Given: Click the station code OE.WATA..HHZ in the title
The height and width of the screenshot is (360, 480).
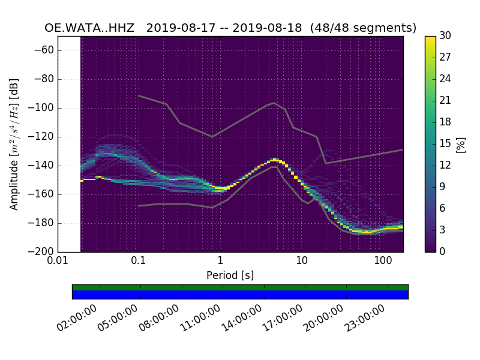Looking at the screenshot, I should (x=91, y=28).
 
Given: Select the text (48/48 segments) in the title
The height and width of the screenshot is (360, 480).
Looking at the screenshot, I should (x=363, y=28).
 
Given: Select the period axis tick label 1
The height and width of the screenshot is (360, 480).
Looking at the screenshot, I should (x=220, y=262).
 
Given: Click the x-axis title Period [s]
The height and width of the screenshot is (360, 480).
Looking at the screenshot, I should (x=230, y=275).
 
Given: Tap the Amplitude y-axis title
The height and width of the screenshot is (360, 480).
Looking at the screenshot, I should (x=14, y=144).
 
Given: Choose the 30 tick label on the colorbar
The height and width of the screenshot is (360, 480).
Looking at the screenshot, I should (x=445, y=36).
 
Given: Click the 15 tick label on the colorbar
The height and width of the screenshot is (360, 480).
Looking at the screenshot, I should (x=445, y=144).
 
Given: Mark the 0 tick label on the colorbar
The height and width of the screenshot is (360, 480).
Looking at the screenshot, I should (x=443, y=251).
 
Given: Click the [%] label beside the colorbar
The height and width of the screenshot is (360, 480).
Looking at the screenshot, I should (x=461, y=144).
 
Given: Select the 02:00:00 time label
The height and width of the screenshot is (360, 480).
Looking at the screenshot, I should (x=77, y=319).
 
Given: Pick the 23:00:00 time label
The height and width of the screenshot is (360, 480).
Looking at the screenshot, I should (x=365, y=319).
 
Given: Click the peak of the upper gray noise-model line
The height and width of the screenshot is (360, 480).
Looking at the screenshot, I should (x=274, y=103).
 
